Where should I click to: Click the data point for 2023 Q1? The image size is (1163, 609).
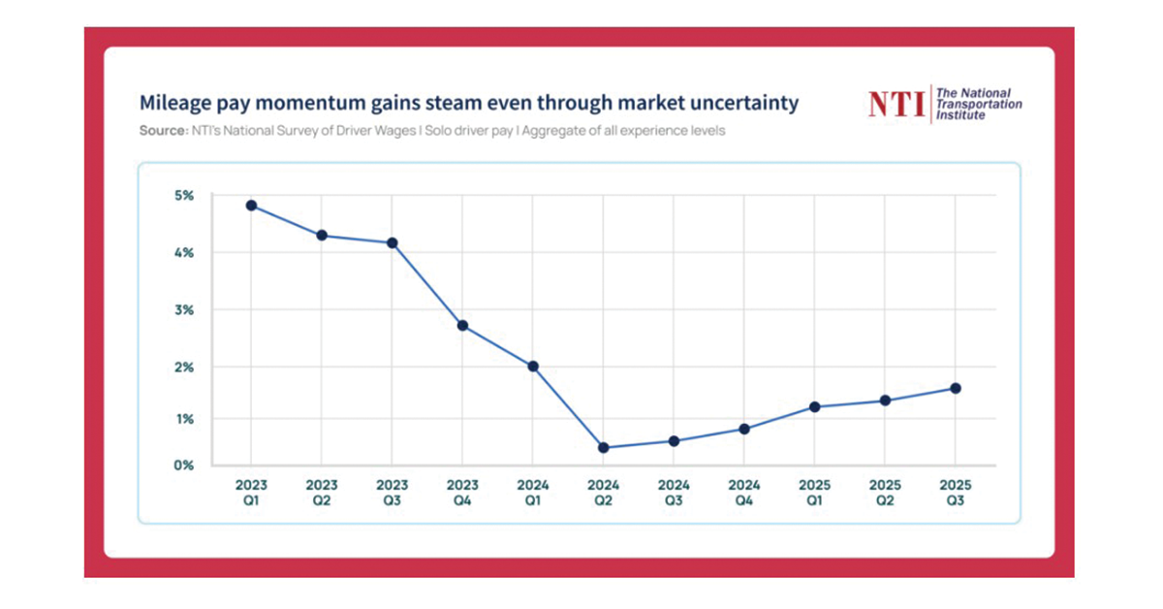point(251,206)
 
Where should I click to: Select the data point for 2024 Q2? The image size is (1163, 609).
point(603,448)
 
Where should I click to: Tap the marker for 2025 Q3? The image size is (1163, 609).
point(956,388)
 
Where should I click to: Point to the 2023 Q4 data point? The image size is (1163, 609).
point(462,325)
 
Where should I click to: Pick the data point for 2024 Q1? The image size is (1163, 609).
point(533,367)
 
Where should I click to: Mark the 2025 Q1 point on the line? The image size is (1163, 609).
point(814,407)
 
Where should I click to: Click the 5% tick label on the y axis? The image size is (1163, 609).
point(184,196)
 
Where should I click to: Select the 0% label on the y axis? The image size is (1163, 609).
point(184,465)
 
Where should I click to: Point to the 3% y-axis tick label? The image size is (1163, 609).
point(184,310)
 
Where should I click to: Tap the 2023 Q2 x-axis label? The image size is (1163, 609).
point(322,492)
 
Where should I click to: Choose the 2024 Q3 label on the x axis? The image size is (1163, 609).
point(674,492)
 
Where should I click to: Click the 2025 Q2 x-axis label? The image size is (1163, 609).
point(885,492)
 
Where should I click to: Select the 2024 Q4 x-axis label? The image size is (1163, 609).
point(744,492)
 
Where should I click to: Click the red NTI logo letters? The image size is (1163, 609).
point(896,104)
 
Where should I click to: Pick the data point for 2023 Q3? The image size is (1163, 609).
point(393,242)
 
